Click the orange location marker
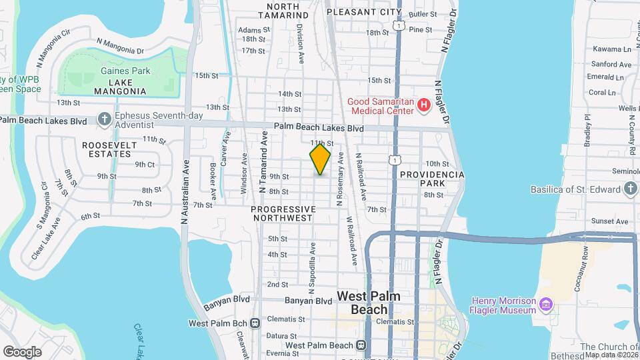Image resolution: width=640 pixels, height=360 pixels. click(320, 159)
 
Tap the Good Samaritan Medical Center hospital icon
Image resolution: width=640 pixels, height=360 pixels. click(422, 105)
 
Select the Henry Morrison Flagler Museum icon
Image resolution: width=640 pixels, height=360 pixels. click(546, 305)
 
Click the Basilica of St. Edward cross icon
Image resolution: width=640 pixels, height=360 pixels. click(631, 189)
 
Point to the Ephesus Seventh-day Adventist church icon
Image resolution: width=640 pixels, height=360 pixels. click(104, 119)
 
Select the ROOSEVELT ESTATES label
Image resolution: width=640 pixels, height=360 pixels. click(107, 149)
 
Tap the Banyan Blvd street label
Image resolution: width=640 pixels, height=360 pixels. click(308, 301)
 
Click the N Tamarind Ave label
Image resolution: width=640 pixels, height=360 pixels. click(263, 162)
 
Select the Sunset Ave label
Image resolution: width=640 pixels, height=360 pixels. click(613, 221)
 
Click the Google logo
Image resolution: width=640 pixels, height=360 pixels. click(22, 351)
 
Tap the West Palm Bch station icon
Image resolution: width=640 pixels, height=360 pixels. click(255, 323)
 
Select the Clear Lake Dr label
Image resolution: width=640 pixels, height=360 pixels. click(141, 340)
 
